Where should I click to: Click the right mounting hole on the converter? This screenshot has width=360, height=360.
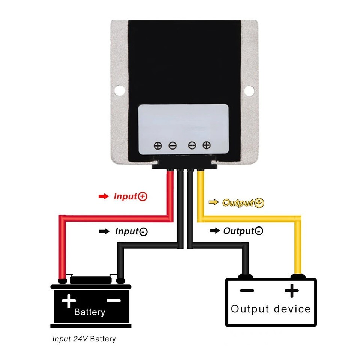pyautogui.click(x=249, y=90)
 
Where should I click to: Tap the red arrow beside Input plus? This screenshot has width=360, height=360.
pyautogui.click(x=103, y=196)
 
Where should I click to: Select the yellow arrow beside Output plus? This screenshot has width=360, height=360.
pyautogui.click(x=214, y=202)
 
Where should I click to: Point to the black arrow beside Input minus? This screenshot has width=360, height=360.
pyautogui.click(x=104, y=231)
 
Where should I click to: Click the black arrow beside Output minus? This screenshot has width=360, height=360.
pyautogui.click(x=214, y=231)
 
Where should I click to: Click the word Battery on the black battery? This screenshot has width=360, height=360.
pyautogui.click(x=90, y=312)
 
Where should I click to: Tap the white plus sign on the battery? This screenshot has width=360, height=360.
pyautogui.click(x=69, y=301)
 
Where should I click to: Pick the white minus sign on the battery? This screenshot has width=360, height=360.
pyautogui.click(x=113, y=300)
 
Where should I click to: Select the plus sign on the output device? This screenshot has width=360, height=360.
pyautogui.click(x=292, y=291)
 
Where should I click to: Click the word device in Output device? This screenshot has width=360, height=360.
pyautogui.click(x=292, y=309)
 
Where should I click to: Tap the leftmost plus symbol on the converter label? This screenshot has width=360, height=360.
pyautogui.click(x=158, y=145)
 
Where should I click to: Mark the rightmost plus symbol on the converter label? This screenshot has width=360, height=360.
pyautogui.click(x=206, y=145)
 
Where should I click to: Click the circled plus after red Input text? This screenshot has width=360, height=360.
pyautogui.click(x=143, y=196)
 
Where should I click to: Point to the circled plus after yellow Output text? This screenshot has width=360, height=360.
pyautogui.click(x=259, y=203)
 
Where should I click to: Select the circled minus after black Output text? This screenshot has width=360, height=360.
pyautogui.click(x=259, y=231)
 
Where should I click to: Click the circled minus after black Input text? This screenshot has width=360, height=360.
pyautogui.click(x=143, y=232)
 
